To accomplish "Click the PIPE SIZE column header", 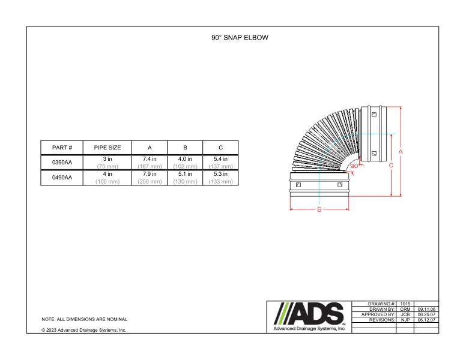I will coord(107,148).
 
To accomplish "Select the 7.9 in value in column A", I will coord(150,174).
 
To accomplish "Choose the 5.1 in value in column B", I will coord(185,174).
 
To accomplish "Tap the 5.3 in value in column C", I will coord(220,174).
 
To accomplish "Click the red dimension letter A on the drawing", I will coord(401,152).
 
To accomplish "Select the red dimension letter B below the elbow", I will coord(319,209).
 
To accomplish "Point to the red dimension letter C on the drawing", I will coord(392,165).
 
